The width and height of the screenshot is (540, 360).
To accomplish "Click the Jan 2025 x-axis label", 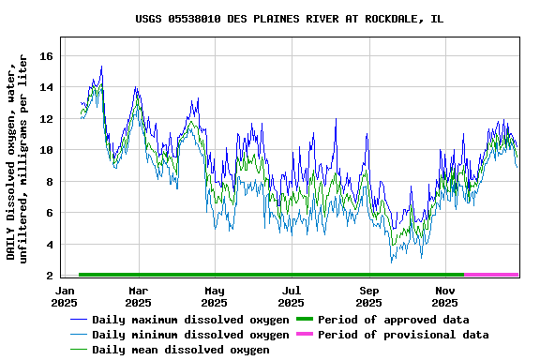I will pos(65,297).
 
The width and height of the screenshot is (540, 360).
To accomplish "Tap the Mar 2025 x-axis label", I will pos(138,297).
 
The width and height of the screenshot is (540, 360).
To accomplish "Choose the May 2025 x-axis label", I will pos(215,297).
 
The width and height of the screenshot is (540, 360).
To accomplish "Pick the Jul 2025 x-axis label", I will pos(292,297).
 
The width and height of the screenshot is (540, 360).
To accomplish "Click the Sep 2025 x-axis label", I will pos(368,297).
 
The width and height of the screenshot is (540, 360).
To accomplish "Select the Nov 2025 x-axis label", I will pos(445,297).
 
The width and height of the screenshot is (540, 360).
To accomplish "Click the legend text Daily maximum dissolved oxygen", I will pos(190,320).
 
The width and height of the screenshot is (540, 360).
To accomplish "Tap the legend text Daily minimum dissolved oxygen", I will pos(190,335).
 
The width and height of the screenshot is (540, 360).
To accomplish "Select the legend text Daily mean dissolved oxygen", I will pos(180,350).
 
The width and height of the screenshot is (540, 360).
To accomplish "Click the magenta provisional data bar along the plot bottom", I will pos(491,275).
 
